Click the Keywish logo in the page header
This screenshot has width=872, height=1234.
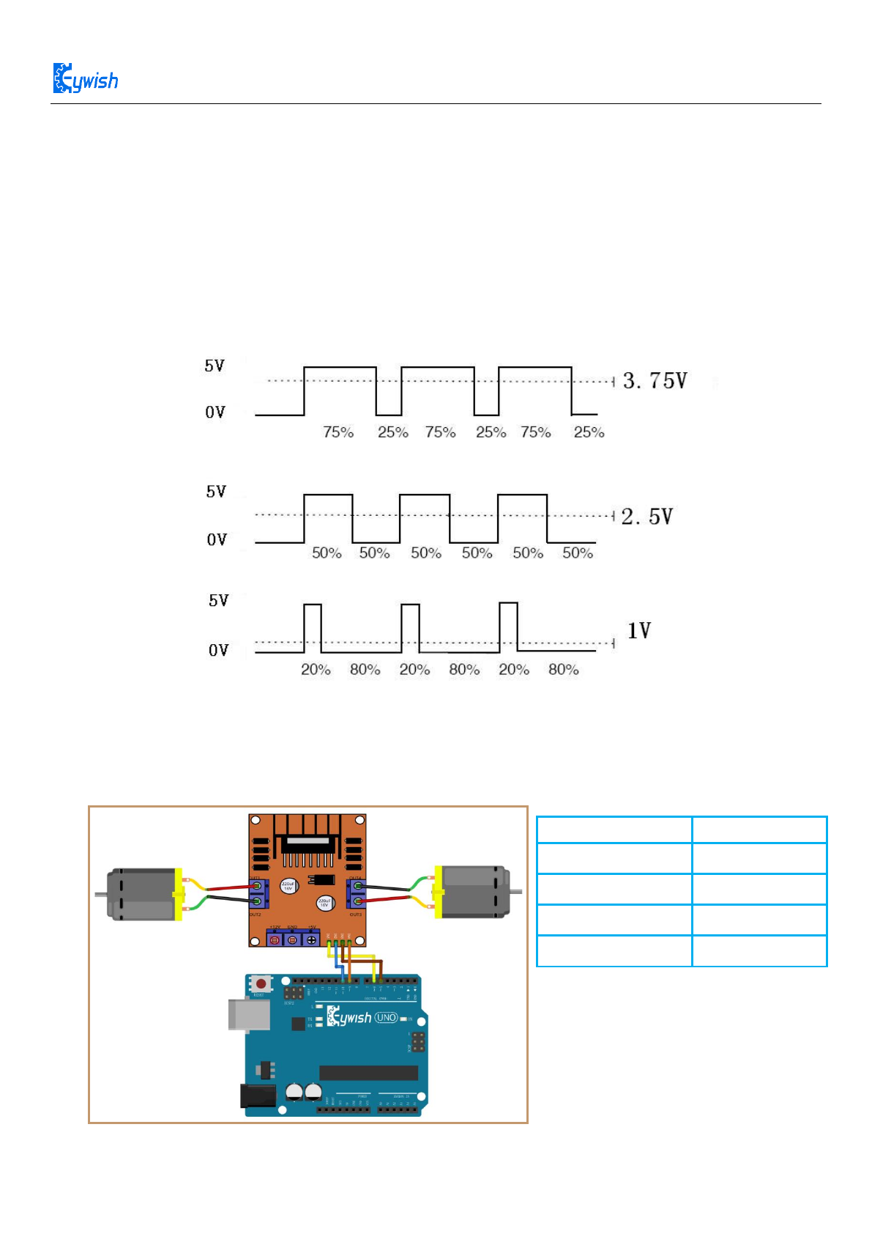click(86, 78)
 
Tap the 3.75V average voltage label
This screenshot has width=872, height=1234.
click(655, 381)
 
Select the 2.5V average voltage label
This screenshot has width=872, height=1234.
click(646, 517)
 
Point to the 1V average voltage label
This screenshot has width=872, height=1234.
click(638, 631)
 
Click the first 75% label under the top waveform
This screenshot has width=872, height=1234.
click(338, 432)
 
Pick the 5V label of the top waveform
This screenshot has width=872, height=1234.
click(215, 366)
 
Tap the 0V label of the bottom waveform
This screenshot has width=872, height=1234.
click(218, 651)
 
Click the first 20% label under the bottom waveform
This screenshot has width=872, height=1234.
click(316, 670)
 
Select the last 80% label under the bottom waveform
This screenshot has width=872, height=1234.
click(563, 670)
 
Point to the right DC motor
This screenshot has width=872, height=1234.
click(472, 891)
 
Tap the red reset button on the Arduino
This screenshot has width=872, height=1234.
click(260, 983)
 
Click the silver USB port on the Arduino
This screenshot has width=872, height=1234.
click(239, 1015)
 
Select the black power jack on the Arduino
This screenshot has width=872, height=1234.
click(258, 1096)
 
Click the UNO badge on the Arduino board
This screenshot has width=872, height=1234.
click(386, 1018)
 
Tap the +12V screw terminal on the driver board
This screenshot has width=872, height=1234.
click(275, 939)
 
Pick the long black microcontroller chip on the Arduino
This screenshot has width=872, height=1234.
click(368, 1073)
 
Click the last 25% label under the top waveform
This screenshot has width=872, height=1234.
click(589, 432)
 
